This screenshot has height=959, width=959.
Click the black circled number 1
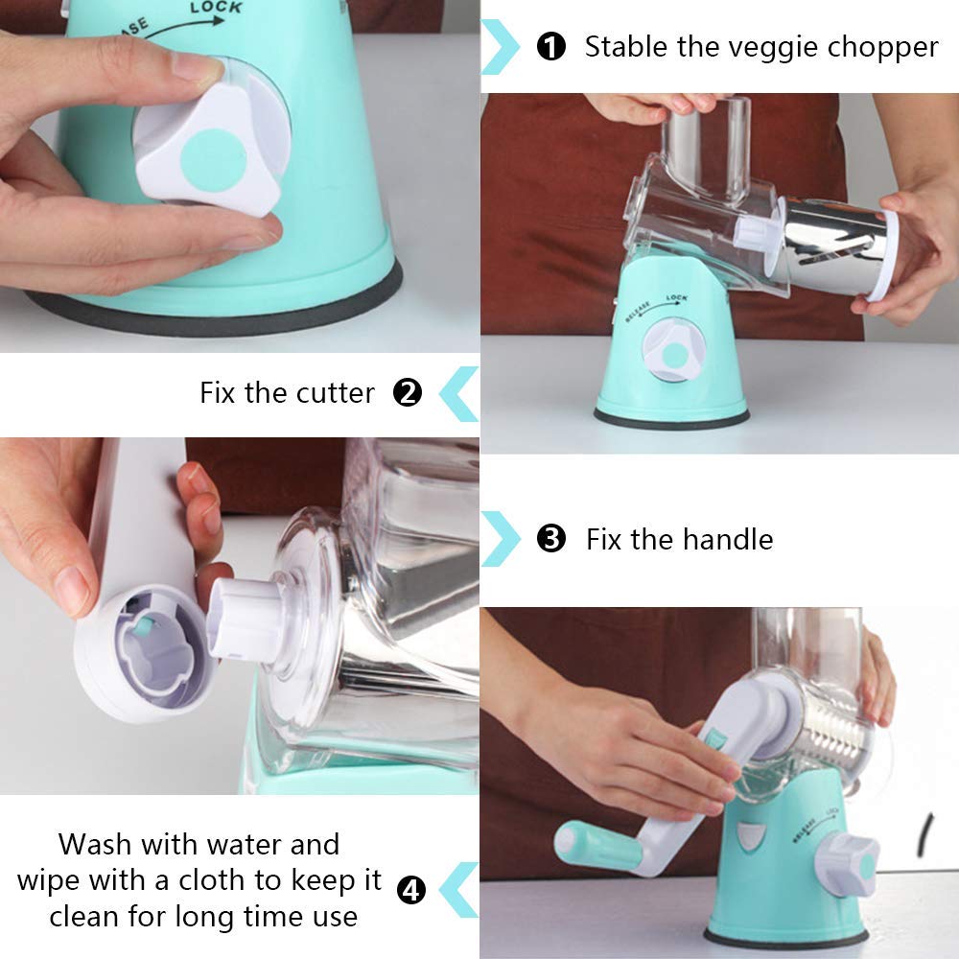pyautogui.click(x=551, y=46)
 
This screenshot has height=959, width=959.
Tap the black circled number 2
pyautogui.click(x=408, y=392)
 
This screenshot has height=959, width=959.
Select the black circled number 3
pyautogui.click(x=551, y=539)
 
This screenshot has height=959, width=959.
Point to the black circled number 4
pyautogui.click(x=411, y=890)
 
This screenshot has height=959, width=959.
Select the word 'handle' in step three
pyautogui.click(x=727, y=539)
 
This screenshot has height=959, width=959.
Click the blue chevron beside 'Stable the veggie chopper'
pyautogui.click(x=501, y=47)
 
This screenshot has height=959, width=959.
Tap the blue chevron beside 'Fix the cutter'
pyautogui.click(x=459, y=394)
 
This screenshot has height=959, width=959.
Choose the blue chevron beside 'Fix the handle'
pyautogui.click(x=501, y=539)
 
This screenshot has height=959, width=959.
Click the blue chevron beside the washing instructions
pyautogui.click(x=459, y=890)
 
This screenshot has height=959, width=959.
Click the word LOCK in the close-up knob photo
pyautogui.click(x=216, y=8)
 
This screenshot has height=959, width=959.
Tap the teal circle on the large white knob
pyautogui.click(x=214, y=160)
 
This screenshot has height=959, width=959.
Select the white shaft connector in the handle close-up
pyautogui.click(x=242, y=619)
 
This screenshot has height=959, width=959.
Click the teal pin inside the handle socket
pyautogui.click(x=145, y=625)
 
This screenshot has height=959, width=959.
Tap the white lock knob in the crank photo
pyautogui.click(x=847, y=861)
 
